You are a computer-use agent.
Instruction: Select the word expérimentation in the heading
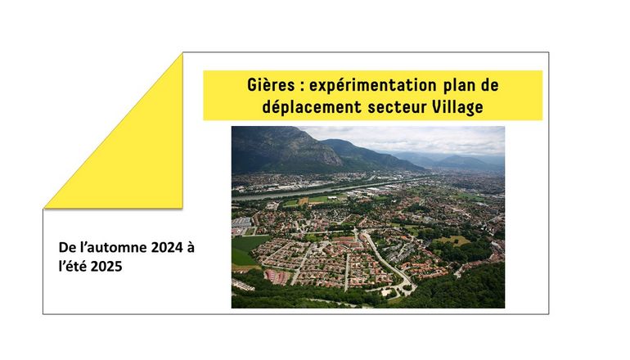click(372, 86)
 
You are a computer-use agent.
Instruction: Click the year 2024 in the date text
click(167, 247)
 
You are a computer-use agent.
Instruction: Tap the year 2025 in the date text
click(106, 267)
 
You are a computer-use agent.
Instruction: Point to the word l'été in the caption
click(73, 267)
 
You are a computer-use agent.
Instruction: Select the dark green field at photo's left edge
click(246, 249)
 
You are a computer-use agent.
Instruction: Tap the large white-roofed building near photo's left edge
click(241, 223)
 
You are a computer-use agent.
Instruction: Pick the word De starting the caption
click(67, 247)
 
